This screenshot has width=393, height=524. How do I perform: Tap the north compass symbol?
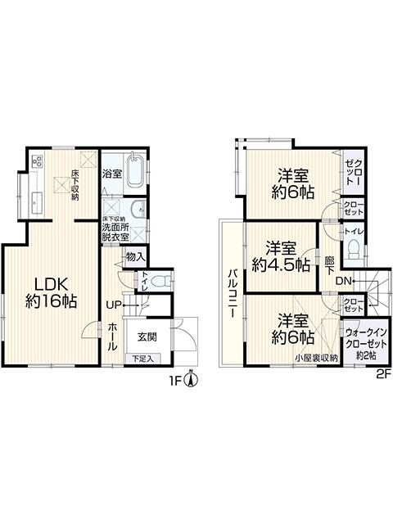(x=191, y=378)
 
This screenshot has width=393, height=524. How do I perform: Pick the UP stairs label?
(x=114, y=305)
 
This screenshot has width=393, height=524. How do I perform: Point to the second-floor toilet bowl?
(x=354, y=253)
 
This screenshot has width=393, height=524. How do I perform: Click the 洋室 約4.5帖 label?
(x=281, y=255)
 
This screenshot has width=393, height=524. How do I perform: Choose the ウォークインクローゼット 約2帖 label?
(x=363, y=343)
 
